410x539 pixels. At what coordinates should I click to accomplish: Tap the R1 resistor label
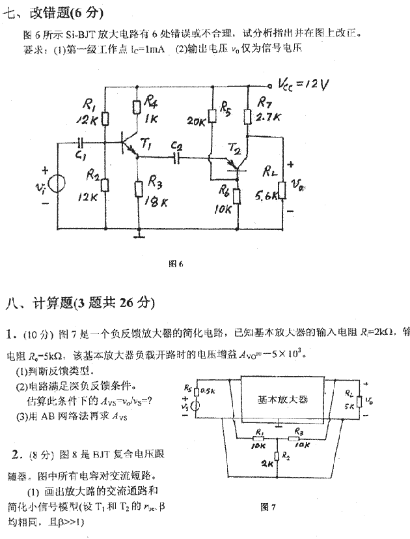tap(89, 102)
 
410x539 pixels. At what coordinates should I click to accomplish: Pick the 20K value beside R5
tap(196, 121)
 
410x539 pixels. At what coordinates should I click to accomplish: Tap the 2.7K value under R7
tap(269, 117)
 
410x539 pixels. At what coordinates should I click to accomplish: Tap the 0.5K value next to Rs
tap(208, 391)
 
